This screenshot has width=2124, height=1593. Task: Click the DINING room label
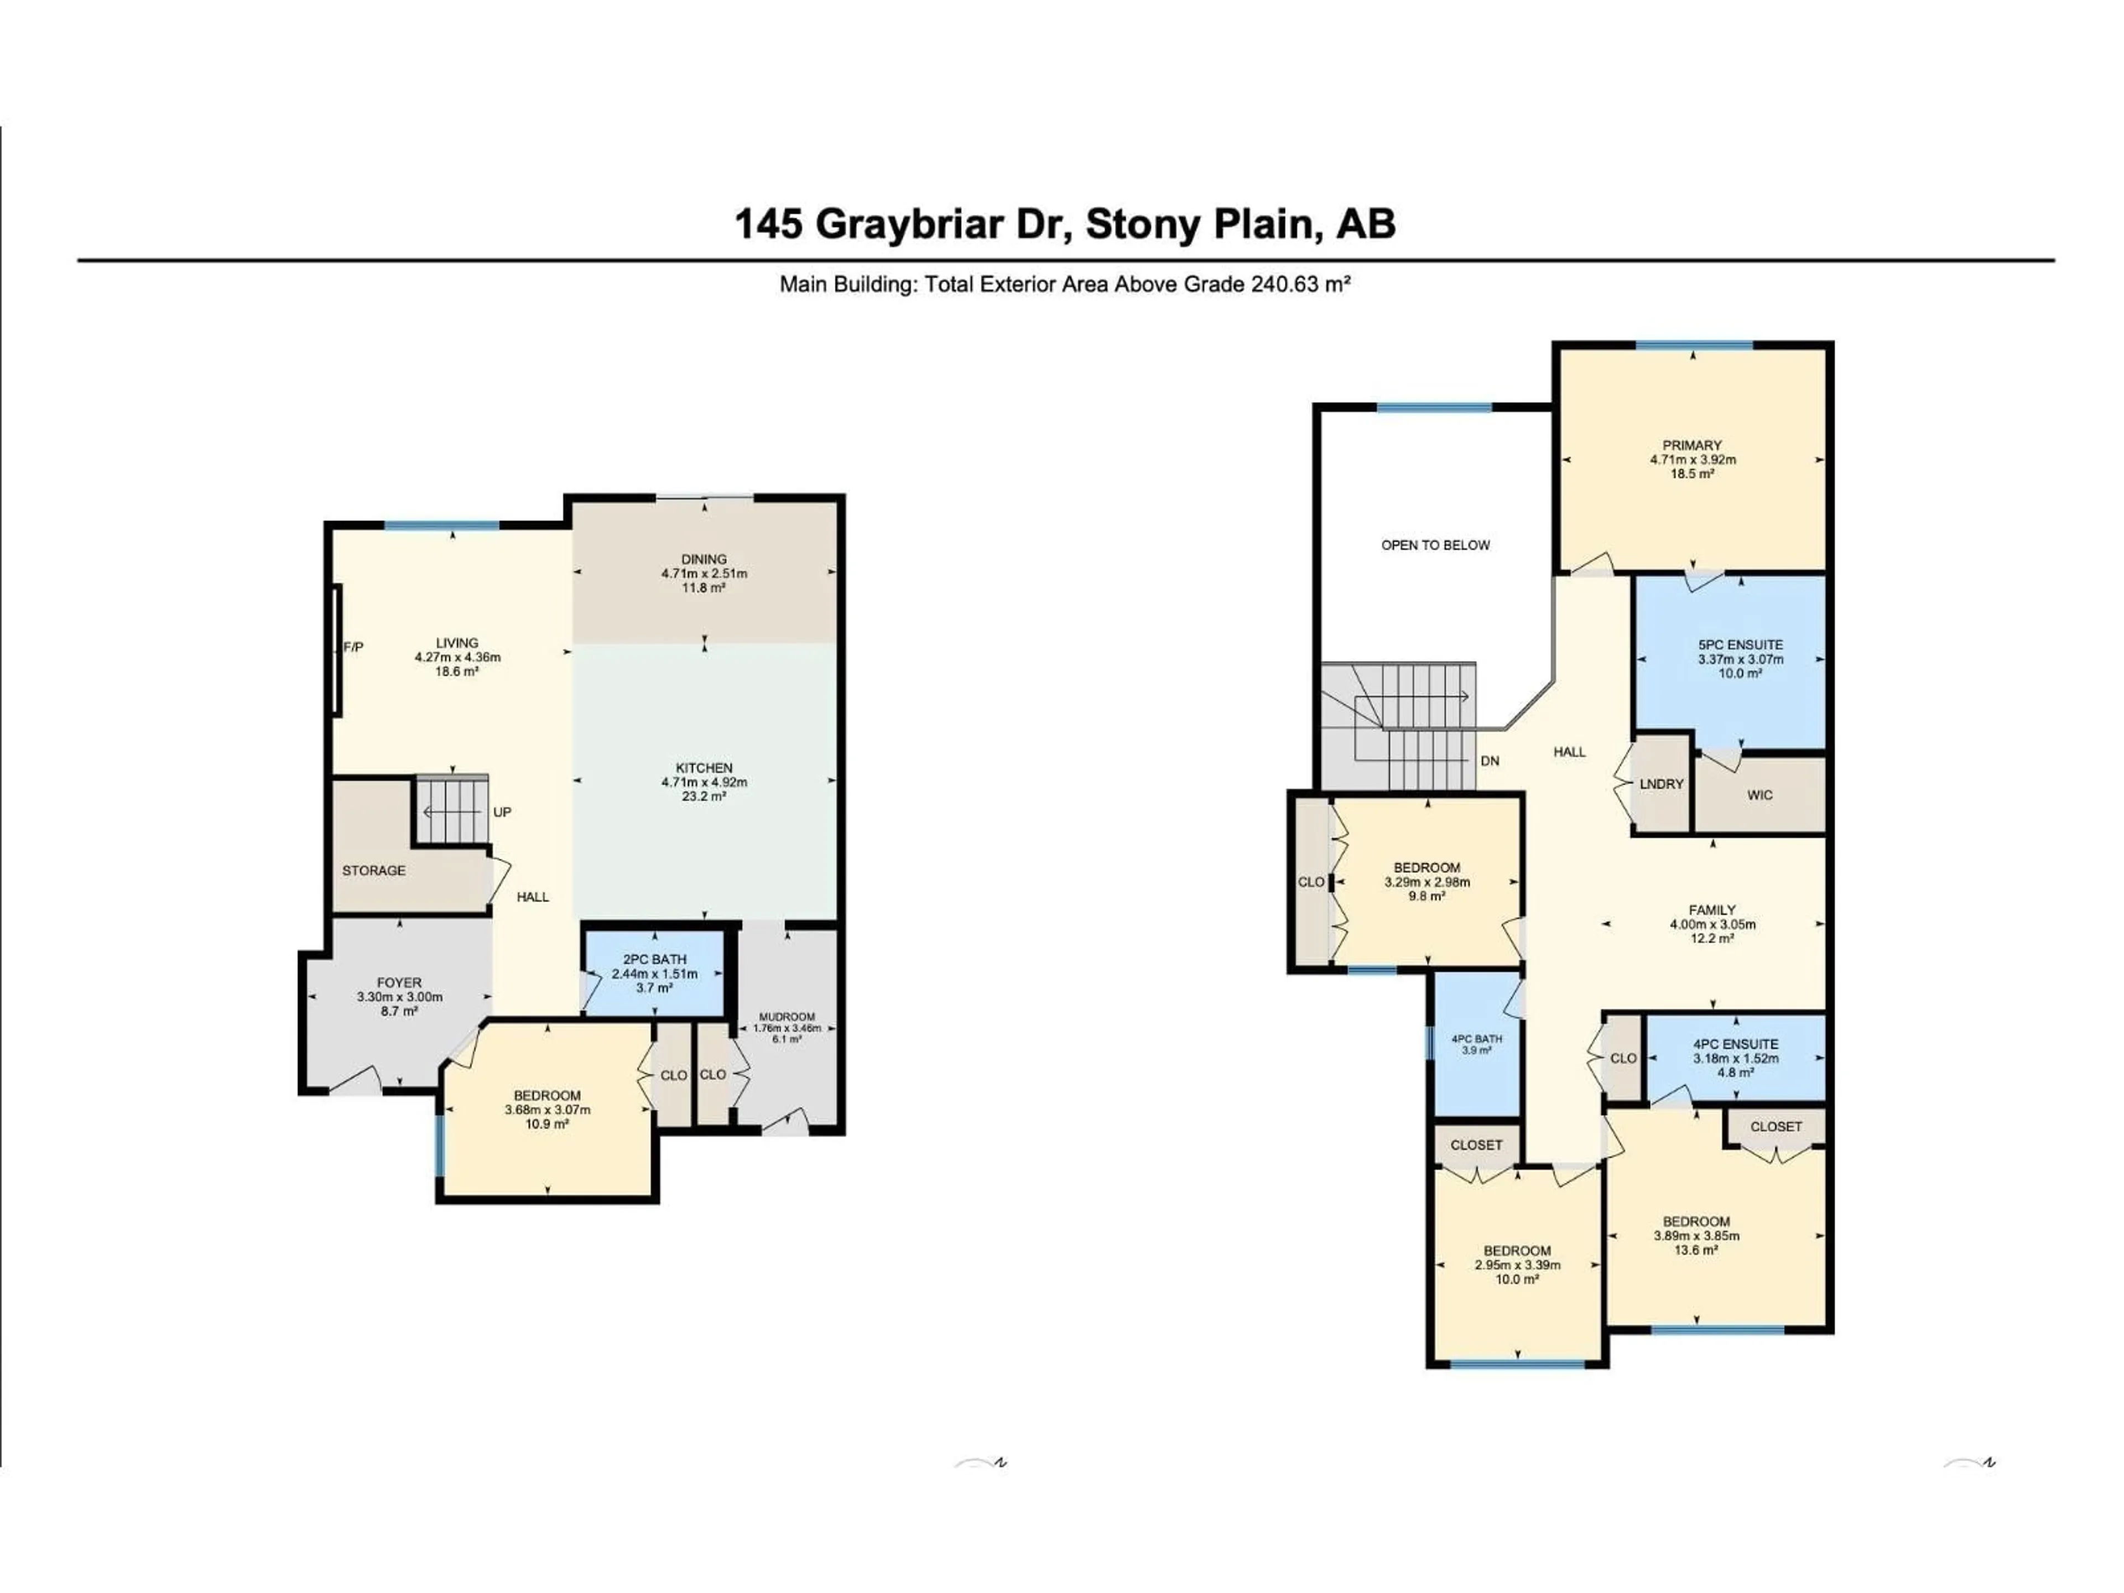click(704, 559)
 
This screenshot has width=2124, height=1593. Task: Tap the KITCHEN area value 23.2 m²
click(704, 796)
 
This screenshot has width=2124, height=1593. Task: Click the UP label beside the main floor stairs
click(502, 813)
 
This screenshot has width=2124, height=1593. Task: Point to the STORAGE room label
click(373, 871)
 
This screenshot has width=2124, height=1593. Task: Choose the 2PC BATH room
click(654, 973)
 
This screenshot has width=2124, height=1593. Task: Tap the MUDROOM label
click(787, 1017)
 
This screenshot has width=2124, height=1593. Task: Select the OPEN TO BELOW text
click(1435, 545)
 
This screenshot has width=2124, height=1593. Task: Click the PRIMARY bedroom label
click(1692, 445)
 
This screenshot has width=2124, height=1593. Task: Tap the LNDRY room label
click(1661, 784)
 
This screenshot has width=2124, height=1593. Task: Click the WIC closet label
click(1760, 795)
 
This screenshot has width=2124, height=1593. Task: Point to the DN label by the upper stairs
click(1490, 762)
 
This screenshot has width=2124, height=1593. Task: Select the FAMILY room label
click(1712, 910)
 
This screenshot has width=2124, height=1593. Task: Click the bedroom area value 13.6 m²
click(1696, 1250)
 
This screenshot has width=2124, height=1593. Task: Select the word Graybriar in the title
click(943, 225)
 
